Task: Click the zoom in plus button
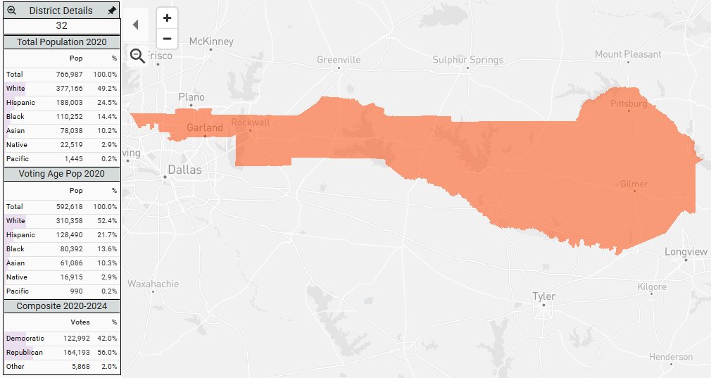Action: click(167, 18)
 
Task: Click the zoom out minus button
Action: click(167, 39)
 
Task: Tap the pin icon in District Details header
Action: click(111, 11)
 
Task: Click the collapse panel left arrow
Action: click(136, 25)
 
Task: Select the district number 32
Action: click(61, 25)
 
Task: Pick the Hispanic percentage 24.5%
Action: click(107, 102)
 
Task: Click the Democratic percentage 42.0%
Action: click(108, 338)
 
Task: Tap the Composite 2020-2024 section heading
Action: click(61, 306)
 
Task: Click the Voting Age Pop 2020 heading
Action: click(61, 173)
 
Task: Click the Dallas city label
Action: click(184, 170)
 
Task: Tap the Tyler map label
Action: click(543, 296)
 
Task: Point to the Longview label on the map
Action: click(686, 252)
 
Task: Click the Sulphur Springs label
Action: click(468, 60)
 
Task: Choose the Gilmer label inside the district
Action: click(634, 184)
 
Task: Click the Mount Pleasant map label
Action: click(628, 54)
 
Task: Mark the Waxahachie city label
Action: click(153, 284)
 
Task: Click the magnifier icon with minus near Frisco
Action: click(138, 56)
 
